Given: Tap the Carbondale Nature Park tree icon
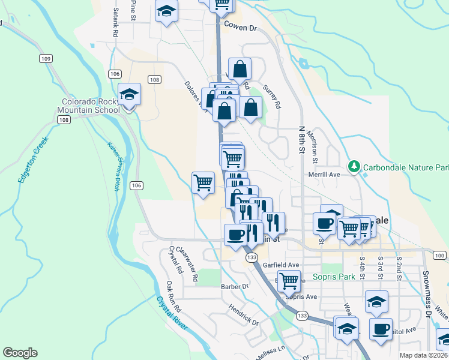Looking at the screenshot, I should [354, 166].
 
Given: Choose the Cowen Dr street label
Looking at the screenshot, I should [240, 26].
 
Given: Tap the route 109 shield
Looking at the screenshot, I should [46, 58].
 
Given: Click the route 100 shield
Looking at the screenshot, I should [439, 256].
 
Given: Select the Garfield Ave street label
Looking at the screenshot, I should [285, 265].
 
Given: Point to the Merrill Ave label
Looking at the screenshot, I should [325, 174].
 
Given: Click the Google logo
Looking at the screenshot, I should [20, 353].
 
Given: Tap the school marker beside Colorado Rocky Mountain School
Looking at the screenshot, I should [128, 95].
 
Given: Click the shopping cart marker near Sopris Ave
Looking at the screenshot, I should [289, 280].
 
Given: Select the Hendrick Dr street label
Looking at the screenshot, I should [243, 314].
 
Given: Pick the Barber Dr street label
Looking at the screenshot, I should [234, 287].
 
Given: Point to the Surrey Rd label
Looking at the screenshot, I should [271, 95].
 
